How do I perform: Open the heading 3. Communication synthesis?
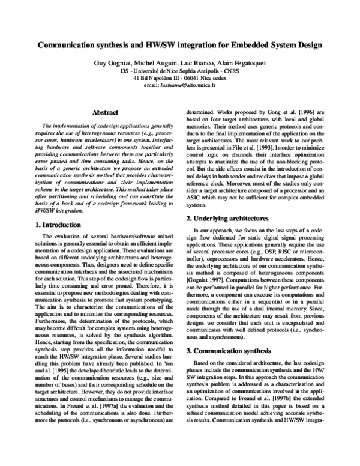tap(230, 349)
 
